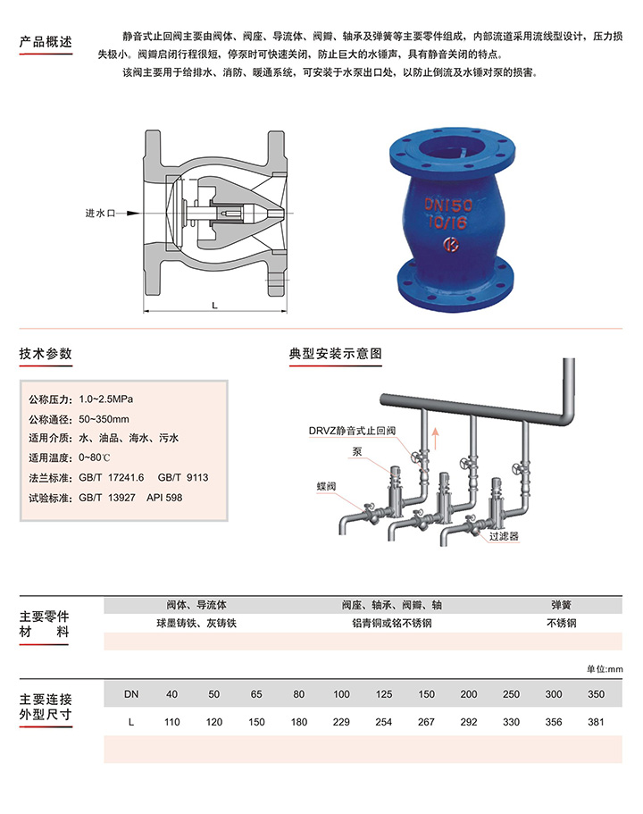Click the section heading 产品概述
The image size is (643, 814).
point(45,42)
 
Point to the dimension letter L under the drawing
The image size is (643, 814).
point(215,306)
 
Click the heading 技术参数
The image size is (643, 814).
point(45,354)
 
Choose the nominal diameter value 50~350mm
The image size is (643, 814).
point(104,418)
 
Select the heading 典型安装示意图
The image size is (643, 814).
point(336,354)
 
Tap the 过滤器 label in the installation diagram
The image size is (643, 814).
point(504,537)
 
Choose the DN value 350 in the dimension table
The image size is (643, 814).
point(597,693)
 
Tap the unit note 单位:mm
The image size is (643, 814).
point(604,669)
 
